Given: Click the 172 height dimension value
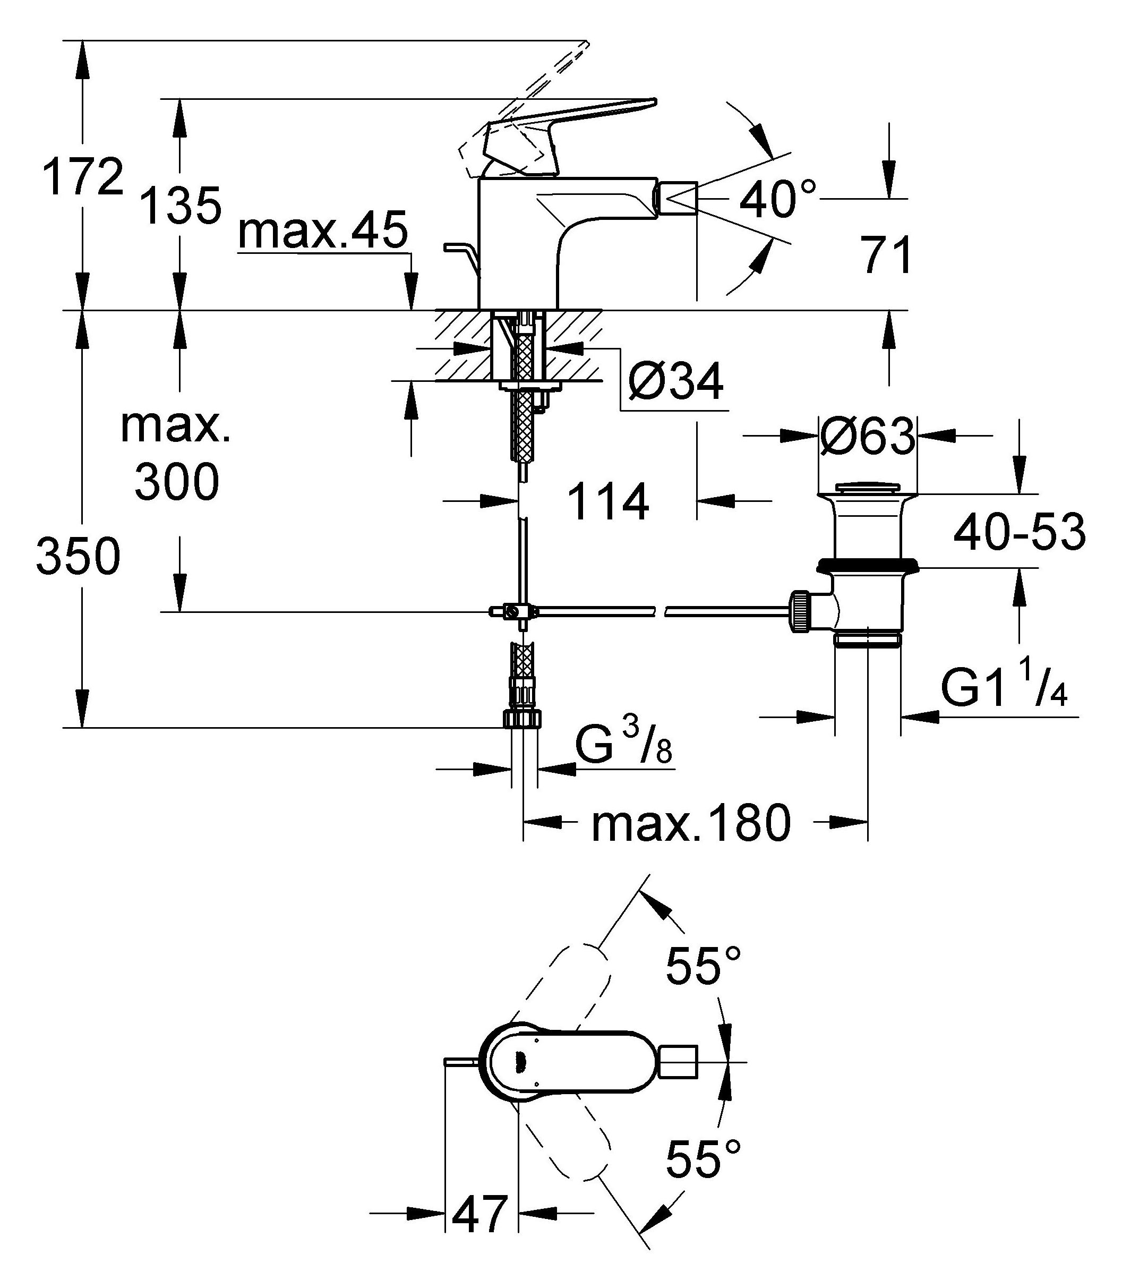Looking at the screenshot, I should coord(83,178).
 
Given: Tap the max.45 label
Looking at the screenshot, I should coord(323,231).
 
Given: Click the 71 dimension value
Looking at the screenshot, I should coord(886,255).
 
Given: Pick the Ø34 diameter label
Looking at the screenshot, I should coord(675,381).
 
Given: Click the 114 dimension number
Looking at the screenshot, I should coord(608,502).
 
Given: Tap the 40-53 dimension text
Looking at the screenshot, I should coord(1020,533).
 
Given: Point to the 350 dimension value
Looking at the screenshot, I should coord(78,557).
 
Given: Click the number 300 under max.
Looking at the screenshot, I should coord(177,482).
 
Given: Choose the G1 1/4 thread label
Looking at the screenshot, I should coord(1004,687).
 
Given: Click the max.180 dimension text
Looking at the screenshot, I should coord(691,823).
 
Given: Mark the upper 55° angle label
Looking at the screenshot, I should coord(703,966).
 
